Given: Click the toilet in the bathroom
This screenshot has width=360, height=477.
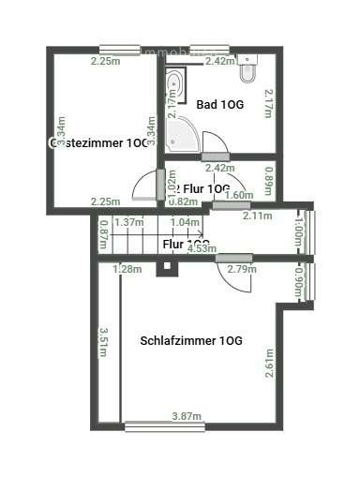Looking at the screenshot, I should pos(247,71).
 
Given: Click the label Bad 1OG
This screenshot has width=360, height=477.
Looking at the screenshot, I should pos(219,104).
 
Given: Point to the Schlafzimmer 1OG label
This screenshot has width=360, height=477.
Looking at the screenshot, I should pos(191,340).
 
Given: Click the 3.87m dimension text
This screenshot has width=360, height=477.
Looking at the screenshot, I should pos(187,415).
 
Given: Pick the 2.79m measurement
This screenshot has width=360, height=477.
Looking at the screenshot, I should pos(242,270).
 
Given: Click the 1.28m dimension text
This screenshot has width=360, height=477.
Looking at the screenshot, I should pos(127,270).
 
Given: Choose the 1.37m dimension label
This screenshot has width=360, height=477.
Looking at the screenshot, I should pos(127,223).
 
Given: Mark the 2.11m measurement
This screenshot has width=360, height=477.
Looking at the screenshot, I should pos(257,216).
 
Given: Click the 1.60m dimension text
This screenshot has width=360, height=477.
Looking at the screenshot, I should pos(241,195).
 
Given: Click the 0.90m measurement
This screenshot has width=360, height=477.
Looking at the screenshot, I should pos(298,280).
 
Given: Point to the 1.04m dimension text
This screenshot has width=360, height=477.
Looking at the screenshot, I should pos(186,223).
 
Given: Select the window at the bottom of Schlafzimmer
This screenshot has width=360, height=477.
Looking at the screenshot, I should pos(164,426).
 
